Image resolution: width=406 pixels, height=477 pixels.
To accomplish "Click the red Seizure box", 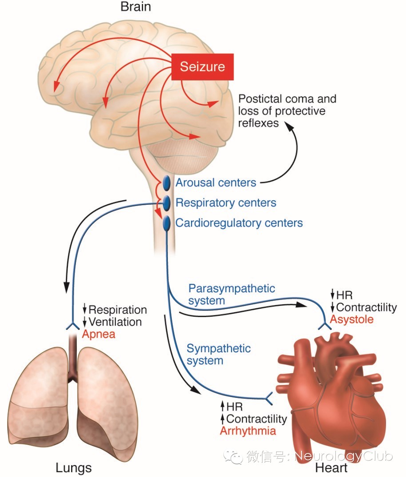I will pos(202,67).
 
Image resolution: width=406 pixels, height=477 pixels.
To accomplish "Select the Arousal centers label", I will pos(216,183).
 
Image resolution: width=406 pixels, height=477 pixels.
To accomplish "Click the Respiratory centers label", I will pos(226,203).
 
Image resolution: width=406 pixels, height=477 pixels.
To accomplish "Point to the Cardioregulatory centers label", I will pos(239,223).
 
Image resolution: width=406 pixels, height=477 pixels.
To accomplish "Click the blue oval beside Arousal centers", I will pos(167,183).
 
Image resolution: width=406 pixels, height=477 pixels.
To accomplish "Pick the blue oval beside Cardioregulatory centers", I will pos(167,223).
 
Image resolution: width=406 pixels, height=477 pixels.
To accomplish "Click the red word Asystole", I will pos(351,319).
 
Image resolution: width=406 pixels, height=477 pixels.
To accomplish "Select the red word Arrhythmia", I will pos(248,431).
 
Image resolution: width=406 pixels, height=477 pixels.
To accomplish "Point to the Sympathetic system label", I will pos(219,354).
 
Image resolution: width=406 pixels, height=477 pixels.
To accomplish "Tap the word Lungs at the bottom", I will pos(74,468).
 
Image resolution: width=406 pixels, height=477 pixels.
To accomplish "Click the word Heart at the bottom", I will pos(331,468).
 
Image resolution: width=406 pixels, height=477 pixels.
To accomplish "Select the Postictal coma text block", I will pos(287,111).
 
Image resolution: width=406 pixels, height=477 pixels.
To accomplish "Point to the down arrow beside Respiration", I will pos(85,310).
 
